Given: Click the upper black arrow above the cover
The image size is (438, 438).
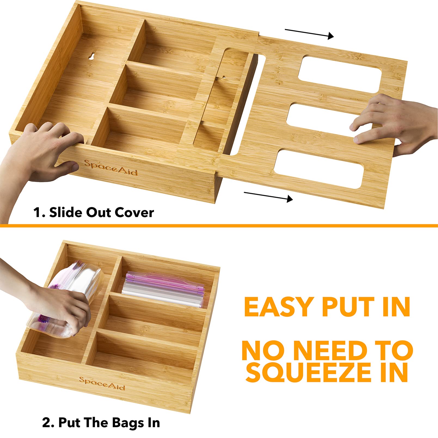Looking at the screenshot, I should (x=309, y=34).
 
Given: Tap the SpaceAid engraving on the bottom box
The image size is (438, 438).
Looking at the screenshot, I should (x=102, y=383).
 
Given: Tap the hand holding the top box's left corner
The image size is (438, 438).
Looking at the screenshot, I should (x=41, y=152).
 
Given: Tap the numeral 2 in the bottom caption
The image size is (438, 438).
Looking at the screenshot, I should (x=46, y=423).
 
